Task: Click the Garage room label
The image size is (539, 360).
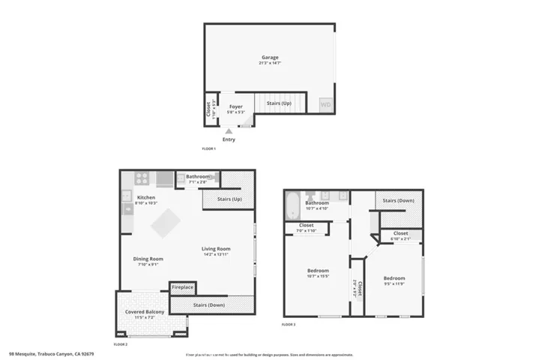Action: point(270,57)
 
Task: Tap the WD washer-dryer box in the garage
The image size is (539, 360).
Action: point(325,105)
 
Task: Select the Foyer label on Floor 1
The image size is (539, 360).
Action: point(236,106)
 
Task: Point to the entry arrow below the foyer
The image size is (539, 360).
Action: point(229,131)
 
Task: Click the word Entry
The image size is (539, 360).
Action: point(229,139)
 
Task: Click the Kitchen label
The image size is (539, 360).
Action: point(145,197)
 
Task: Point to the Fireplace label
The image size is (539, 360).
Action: point(182,287)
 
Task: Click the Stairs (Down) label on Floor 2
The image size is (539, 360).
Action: point(208,304)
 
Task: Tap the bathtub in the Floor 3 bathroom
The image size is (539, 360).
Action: point(292,207)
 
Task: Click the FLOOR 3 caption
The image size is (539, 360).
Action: point(289,325)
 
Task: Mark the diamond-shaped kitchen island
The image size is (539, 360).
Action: point(165,223)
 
